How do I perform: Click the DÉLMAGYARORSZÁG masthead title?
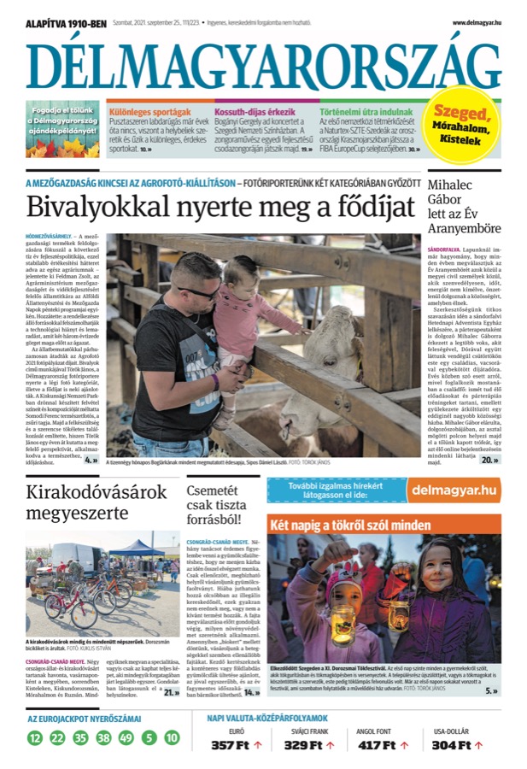263,64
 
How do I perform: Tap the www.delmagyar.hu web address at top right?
476,23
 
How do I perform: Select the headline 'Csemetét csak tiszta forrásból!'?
222,503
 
